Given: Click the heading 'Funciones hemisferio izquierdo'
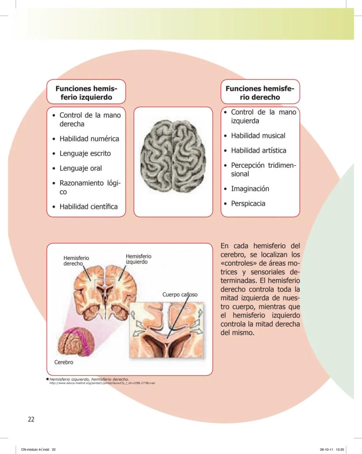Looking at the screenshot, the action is coord(86,93).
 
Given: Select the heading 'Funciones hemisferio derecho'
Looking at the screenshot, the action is coord(260,93).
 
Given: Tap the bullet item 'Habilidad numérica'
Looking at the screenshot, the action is coord(89,139).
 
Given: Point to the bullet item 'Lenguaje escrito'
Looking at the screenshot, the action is coord(85,153).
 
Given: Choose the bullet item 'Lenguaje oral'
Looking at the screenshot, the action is coord(80,168).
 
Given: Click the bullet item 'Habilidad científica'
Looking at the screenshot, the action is coord(89,206).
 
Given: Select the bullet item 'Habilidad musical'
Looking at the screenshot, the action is coord(258,135).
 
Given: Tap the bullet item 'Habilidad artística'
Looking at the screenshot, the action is coord(259,151).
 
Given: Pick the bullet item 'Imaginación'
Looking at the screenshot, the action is coord(250,189).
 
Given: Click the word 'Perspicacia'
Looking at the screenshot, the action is coord(248,204).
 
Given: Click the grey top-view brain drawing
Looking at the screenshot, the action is coord(173,156).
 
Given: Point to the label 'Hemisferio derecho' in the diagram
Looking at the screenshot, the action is coord(76,260).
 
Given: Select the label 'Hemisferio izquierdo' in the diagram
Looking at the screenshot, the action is coord(139,259).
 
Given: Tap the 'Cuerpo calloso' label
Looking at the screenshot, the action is coord(180,295).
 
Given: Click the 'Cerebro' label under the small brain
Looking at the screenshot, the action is coord(64,362).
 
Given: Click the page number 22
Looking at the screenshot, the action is coord(31,419).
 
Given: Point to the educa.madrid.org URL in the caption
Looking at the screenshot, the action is coord(102,383).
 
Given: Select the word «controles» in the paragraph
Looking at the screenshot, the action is coord(239,263).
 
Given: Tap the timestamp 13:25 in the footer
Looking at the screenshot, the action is coord(340,450).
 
